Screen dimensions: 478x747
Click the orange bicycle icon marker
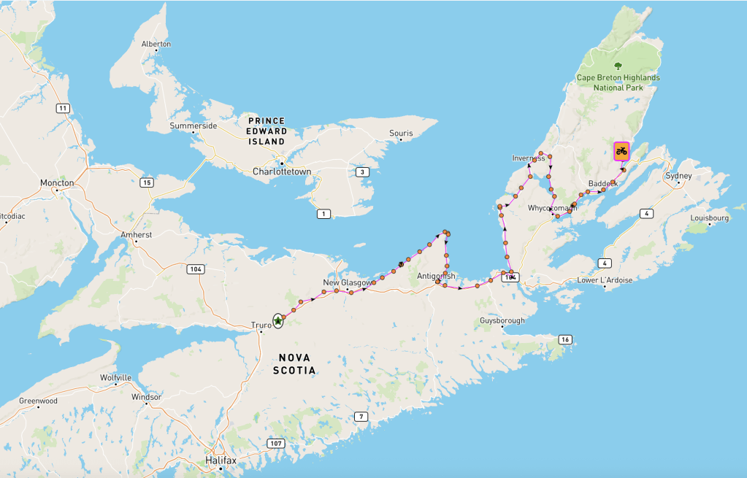click(621, 151)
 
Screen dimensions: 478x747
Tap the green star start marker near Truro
click(278, 320)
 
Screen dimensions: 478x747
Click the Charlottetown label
click(282, 171)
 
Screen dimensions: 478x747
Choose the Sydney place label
click(678, 177)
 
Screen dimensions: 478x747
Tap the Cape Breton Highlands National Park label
click(618, 82)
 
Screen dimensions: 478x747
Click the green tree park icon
click(618, 66)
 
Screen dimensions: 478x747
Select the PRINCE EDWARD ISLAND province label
click(267, 131)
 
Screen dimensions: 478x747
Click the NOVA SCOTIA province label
click(296, 364)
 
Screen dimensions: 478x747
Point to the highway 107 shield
click(275, 443)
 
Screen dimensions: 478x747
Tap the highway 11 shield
click(64, 108)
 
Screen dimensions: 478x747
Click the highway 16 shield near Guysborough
click(564, 339)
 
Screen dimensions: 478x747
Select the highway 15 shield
click(148, 182)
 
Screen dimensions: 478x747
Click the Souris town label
click(401, 134)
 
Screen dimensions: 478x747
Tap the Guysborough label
click(502, 320)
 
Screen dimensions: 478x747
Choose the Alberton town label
click(156, 44)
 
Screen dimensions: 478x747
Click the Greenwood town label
click(38, 401)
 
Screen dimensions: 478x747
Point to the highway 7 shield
click(360, 417)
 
